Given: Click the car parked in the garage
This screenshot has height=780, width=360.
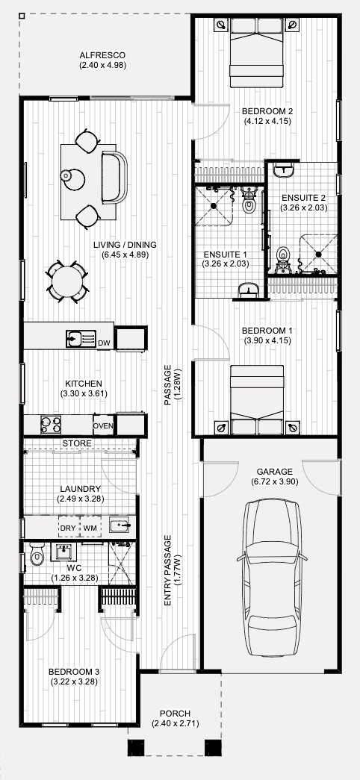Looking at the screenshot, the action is (270, 578).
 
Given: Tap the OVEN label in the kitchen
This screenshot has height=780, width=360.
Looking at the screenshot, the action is (104, 426).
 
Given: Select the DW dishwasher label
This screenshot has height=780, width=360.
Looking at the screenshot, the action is (104, 343).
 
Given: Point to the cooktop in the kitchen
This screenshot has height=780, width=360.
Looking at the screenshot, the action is (51, 425).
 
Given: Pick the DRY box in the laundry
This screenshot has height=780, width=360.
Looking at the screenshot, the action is (69, 528).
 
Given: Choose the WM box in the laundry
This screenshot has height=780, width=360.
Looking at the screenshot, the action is (90, 528).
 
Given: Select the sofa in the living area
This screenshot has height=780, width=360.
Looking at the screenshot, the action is (114, 178).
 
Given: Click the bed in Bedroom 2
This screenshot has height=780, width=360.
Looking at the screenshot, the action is (256, 53).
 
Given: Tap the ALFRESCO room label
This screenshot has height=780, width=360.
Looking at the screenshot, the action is (102, 55).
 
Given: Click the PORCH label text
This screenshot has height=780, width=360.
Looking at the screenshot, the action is (176, 714).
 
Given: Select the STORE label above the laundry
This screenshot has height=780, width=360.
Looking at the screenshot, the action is (77, 443).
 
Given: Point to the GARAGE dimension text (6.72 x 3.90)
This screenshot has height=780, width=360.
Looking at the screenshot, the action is (275, 481).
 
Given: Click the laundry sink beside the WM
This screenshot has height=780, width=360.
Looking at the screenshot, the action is (120, 525).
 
